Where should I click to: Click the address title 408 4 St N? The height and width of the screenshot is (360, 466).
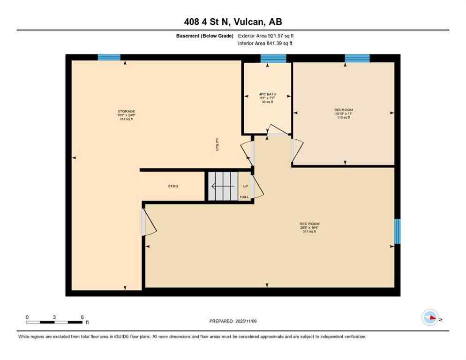233,22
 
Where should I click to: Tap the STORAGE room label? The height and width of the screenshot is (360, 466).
126,111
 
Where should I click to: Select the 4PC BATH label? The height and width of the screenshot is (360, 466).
266,94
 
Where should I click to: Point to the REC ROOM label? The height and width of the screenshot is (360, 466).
309,224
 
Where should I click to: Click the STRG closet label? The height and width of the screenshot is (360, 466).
173,186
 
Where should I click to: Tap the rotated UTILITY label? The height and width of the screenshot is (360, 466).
217,144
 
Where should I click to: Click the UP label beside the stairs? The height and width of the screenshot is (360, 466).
245,186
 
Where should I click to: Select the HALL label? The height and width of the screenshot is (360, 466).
244,197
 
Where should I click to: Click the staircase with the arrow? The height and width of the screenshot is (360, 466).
223,187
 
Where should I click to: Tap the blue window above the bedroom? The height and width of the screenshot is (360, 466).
357,58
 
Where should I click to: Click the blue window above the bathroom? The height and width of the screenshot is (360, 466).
273,58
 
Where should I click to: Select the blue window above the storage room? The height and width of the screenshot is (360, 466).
109,58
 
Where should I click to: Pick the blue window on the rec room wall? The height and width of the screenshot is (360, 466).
397,231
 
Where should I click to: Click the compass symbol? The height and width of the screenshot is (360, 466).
430,317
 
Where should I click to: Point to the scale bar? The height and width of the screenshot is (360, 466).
55,322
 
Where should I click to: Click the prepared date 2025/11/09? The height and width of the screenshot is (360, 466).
233,321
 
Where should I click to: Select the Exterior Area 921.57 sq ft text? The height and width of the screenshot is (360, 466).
266,36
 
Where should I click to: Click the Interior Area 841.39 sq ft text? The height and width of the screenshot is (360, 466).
265,44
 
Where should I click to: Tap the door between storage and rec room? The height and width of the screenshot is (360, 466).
148,222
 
